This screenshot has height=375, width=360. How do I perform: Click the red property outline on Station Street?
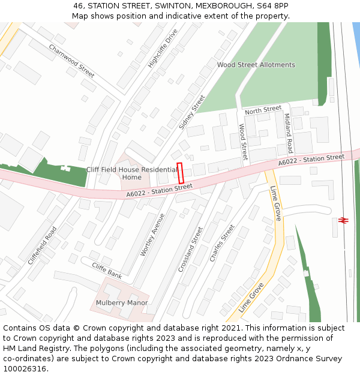pos(180,173)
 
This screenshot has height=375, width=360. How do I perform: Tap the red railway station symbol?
pos(344,220)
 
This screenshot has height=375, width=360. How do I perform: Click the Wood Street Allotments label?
pos(256,65)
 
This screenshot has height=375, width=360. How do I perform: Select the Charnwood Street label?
pos(71,61)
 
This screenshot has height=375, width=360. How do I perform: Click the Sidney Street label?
pos(192,112)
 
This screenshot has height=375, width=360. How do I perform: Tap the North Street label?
pos(263,110)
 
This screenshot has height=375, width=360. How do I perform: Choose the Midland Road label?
pos(288,133)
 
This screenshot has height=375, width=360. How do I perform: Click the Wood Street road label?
pos(243,142)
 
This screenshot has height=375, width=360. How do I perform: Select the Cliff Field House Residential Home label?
pos(132,173)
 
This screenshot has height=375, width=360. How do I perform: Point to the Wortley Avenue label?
pos(152,235)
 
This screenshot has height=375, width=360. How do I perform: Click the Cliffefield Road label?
pos(42,245)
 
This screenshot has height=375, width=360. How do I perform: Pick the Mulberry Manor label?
pos(122,302)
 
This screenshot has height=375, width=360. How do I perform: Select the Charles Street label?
pos(222,242)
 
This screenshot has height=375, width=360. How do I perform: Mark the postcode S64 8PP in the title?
pos(272,6)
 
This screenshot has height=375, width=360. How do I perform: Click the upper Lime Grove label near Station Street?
pos(275,203)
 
